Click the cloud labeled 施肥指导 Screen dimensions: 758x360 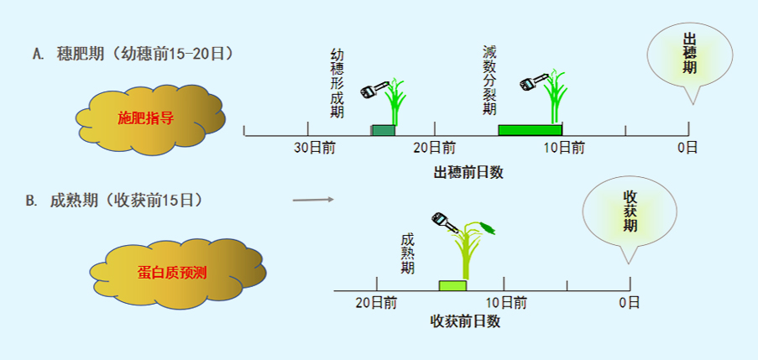pyautogui.click(x=150, y=119)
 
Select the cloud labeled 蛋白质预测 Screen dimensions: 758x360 pyautogui.click(x=178, y=273)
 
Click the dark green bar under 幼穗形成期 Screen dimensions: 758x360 pyautogui.click(x=383, y=130)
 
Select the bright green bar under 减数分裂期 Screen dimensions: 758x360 pyautogui.click(x=530, y=130)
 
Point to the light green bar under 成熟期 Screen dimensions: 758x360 pyautogui.click(x=452, y=285)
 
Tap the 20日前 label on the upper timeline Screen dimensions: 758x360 pyautogui.click(x=435, y=148)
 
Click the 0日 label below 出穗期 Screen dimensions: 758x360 pyautogui.click(x=687, y=148)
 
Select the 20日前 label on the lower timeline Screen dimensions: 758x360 pyautogui.click(x=376, y=303)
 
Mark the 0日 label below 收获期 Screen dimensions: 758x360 pyautogui.click(x=630, y=303)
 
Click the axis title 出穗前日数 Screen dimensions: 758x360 pyautogui.click(x=468, y=173)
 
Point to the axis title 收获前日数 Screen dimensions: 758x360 pyautogui.click(x=465, y=321)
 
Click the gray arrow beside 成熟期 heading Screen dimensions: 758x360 pyautogui.click(x=313, y=200)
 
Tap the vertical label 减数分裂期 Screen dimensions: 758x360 pyautogui.click(x=489, y=81)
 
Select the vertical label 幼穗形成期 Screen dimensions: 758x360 pyautogui.click(x=337, y=83)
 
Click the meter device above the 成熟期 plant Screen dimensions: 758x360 pyautogui.click(x=445, y=222)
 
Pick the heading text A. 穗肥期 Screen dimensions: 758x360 pyautogui.click(x=68, y=54)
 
